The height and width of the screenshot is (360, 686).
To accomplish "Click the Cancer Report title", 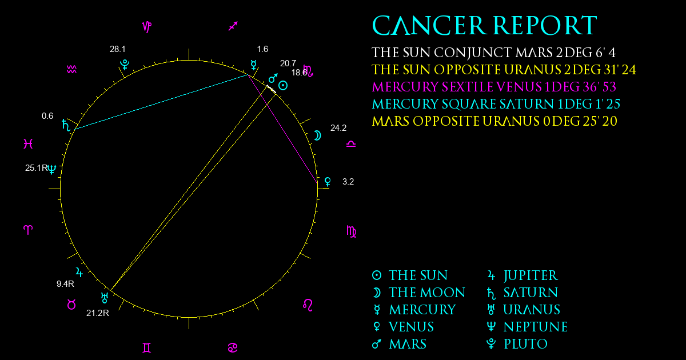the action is click(485, 26).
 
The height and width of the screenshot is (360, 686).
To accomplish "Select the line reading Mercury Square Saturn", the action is click(496, 104).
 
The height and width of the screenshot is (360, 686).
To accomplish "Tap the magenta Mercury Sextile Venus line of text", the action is click(494, 87).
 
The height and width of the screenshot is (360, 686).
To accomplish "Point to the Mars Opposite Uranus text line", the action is click(494, 121).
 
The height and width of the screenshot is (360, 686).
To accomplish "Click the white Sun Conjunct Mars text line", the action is click(494, 53).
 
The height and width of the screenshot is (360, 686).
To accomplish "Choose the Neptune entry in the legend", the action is click(527, 327).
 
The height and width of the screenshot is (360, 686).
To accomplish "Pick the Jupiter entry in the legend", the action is click(523, 275).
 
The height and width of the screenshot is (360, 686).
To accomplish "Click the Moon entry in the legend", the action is click(418, 293).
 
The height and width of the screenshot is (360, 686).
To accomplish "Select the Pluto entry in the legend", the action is click(517, 344).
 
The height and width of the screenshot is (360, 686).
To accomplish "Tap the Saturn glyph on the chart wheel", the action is click(66, 125).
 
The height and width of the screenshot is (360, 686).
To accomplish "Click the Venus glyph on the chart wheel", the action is click(328, 182).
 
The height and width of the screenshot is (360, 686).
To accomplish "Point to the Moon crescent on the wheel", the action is click(317, 135).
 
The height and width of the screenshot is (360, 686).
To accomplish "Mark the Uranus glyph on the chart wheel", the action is click(105, 298).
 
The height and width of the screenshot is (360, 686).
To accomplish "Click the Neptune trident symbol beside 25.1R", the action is click(52, 169).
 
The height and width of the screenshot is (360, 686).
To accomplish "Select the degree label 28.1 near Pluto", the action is click(118, 49).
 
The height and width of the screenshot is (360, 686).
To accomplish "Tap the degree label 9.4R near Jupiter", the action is click(65, 284).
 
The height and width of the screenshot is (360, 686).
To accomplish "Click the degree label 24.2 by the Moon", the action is click(338, 128).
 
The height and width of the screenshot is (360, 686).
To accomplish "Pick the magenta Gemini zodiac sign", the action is click(147, 348).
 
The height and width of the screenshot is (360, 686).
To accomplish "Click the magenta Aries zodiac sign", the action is click(28, 230).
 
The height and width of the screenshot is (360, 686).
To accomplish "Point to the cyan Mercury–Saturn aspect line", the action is click(161, 102).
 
